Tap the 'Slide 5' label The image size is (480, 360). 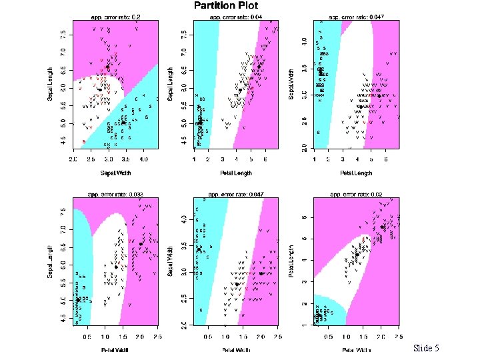(426, 348)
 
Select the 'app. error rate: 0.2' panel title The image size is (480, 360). (115, 16)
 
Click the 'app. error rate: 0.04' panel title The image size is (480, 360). (235, 16)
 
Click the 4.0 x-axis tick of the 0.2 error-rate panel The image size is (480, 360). (143, 159)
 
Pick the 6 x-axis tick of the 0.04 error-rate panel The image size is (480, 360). (265, 159)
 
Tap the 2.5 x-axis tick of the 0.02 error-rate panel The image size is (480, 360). (398, 337)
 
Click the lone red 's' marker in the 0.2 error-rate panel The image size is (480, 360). (83, 141)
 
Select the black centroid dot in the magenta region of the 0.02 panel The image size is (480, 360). (383, 227)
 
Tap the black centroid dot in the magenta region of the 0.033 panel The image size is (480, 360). (141, 244)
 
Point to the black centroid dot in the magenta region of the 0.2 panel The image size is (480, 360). (107, 67)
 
